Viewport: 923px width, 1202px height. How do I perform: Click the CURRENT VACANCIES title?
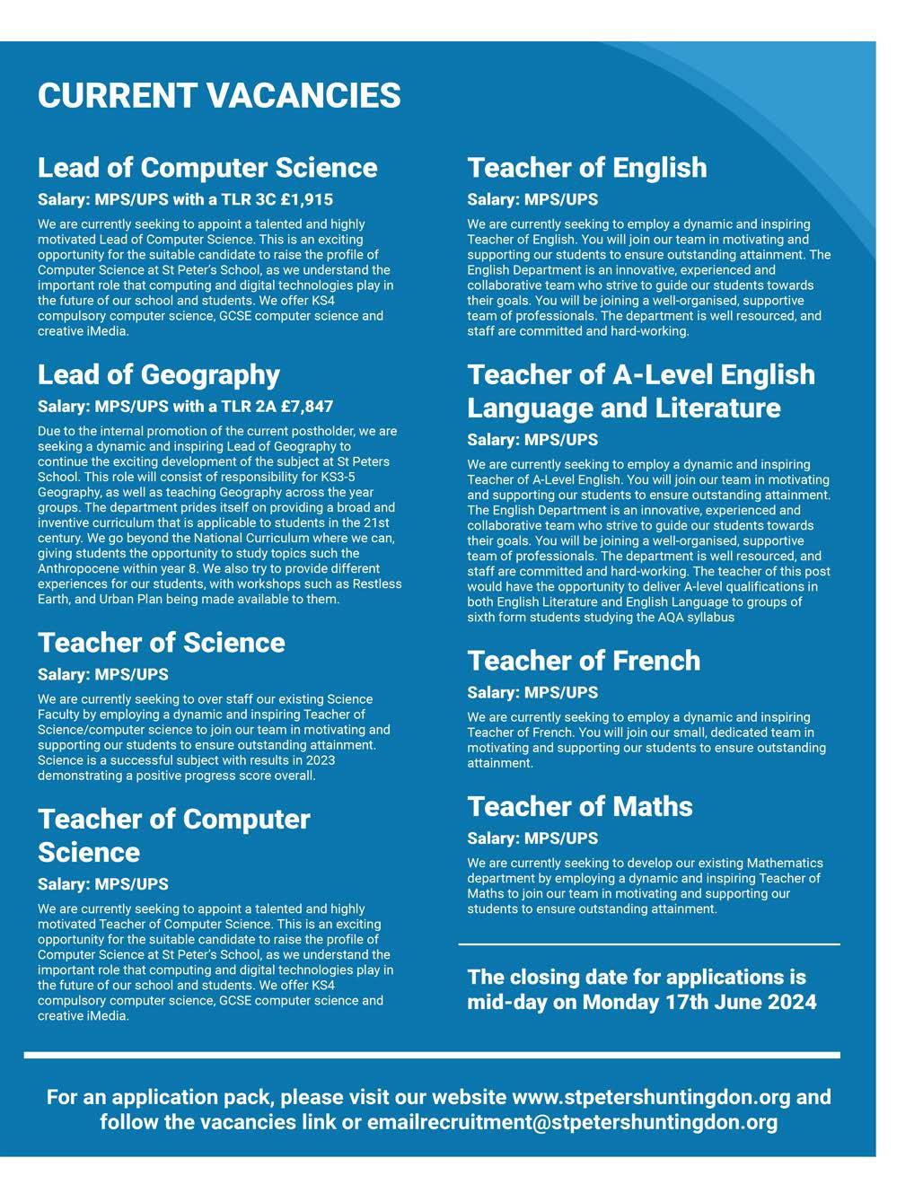[219, 96]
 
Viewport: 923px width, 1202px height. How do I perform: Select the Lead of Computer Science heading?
[207, 168]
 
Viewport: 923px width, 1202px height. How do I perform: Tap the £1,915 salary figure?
[307, 199]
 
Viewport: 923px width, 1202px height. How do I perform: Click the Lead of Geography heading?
[159, 374]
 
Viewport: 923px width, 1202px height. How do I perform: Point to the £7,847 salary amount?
[307, 407]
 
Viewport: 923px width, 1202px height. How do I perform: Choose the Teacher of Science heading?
[162, 643]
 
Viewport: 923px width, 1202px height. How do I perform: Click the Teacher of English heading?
[587, 168]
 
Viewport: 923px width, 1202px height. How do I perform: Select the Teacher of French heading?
[584, 661]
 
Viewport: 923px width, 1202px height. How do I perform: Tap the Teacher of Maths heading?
[580, 806]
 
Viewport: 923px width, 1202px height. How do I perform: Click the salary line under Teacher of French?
[532, 692]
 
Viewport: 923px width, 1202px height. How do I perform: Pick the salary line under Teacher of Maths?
[532, 838]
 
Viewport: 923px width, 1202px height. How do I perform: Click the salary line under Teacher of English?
[532, 199]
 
